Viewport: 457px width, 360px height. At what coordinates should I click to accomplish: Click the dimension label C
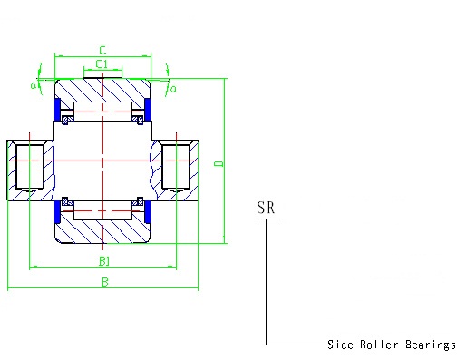coord(102,50)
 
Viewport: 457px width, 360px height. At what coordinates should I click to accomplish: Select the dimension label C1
coord(102,64)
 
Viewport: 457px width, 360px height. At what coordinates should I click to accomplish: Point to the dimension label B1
coord(104,261)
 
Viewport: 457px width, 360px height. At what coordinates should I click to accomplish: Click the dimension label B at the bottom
coord(104,282)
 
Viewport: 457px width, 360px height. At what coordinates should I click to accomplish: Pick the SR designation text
coord(266,208)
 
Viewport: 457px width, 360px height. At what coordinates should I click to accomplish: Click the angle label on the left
coord(34,85)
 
